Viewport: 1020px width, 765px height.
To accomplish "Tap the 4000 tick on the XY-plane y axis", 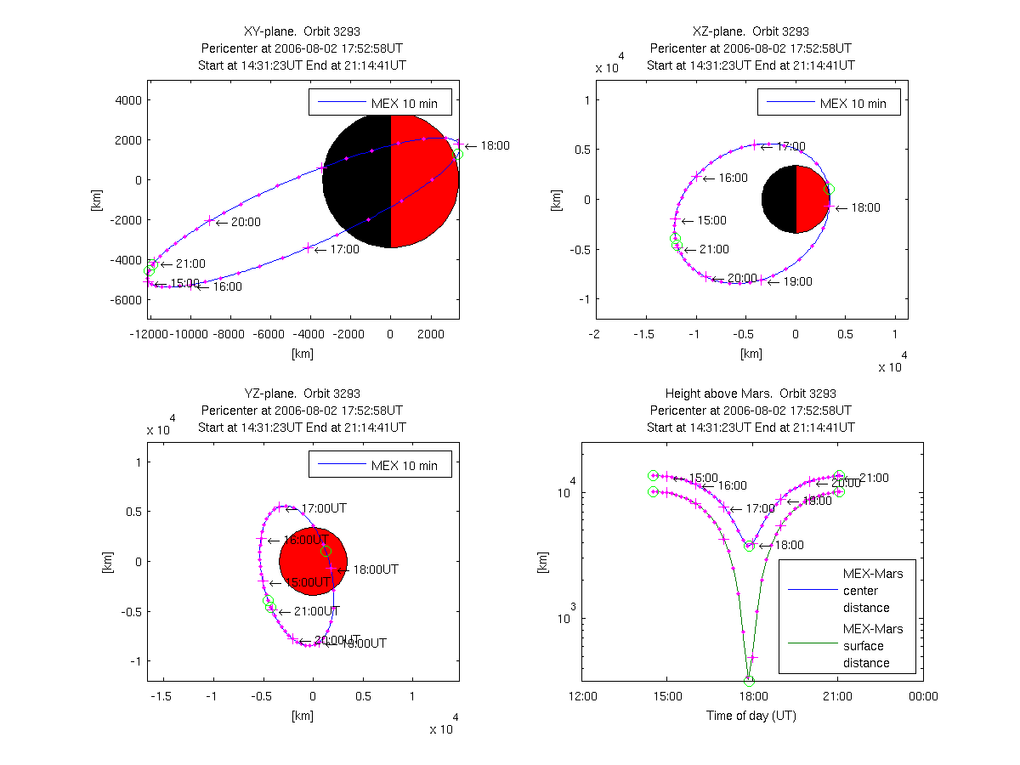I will [127, 99].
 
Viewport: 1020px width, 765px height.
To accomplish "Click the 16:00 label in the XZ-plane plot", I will [733, 178].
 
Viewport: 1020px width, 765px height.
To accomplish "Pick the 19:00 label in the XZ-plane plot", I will [797, 281].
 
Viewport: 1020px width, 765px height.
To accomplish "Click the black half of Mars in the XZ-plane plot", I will [779, 199].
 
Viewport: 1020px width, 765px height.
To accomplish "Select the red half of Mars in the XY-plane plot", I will [424, 179].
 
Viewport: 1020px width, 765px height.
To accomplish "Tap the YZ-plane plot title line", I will [303, 394].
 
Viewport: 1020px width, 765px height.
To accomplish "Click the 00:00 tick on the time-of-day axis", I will [923, 696].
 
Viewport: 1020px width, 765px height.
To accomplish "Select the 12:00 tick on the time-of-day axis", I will [582, 696].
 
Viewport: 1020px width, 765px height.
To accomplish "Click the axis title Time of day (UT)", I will [751, 716].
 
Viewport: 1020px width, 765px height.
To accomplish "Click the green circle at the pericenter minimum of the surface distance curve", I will [749, 681].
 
